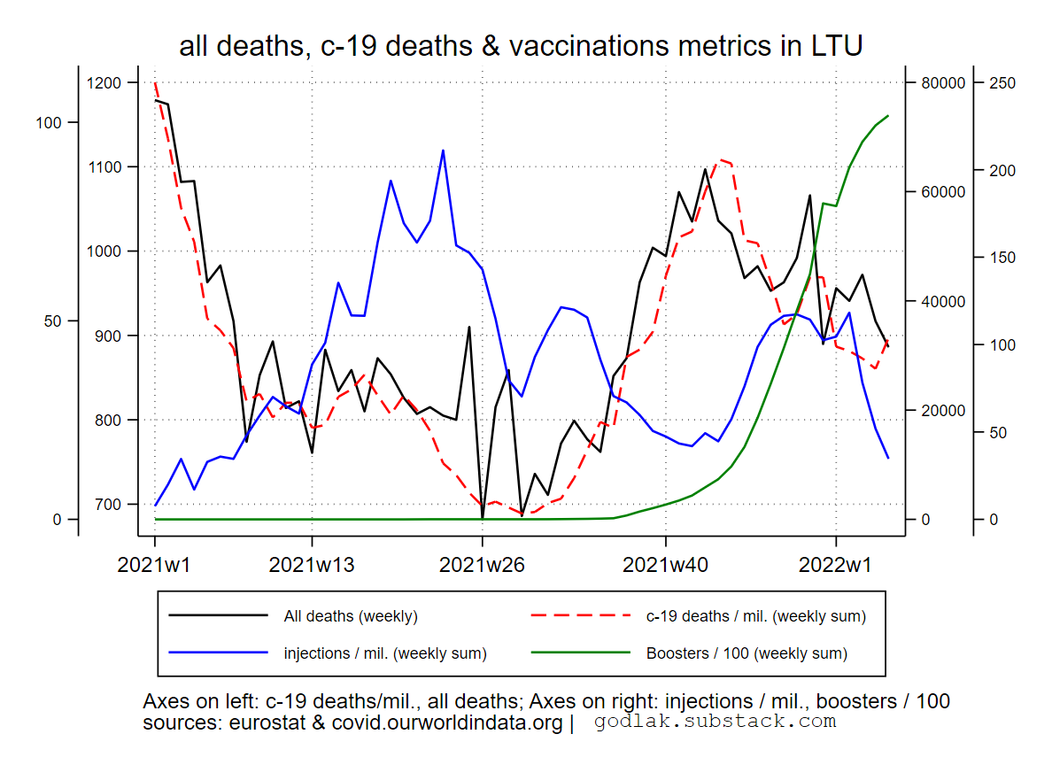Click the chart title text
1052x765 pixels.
pos(521,46)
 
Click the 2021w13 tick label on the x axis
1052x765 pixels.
pos(312,564)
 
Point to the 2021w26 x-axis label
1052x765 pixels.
pos(482,564)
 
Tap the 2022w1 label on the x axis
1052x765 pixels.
pos(836,564)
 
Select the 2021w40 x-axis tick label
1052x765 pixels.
pos(665,564)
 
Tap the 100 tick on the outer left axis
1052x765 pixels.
pos(49,122)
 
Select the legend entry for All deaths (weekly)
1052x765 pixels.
pos(350,616)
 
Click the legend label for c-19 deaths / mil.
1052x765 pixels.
pos(755,616)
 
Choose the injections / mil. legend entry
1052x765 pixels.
pos(384,654)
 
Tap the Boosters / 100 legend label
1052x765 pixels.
pos(746,654)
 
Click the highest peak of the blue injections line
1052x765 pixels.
pos(443,151)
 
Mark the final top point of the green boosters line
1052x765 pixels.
pos(888,115)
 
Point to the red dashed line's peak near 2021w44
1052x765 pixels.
pos(718,159)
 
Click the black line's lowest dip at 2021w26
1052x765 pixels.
pos(483,517)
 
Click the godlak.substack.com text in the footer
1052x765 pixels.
pos(715,722)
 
